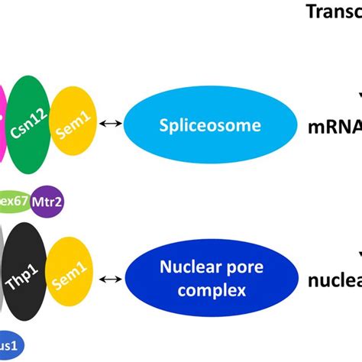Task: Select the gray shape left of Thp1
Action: pos(3,279)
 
